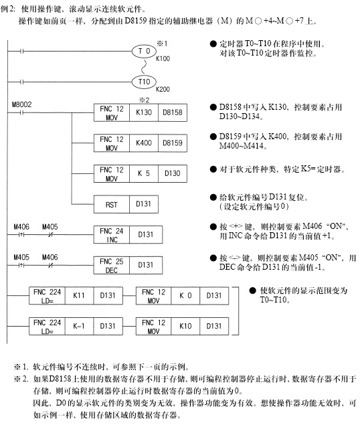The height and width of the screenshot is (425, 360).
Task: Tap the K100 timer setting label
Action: click(x=163, y=58)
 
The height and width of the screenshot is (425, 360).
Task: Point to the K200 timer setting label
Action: click(x=163, y=89)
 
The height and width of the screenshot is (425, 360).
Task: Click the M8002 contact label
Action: click(x=21, y=104)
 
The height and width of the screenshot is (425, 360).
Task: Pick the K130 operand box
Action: click(x=144, y=112)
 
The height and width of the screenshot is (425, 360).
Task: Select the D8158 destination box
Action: click(x=173, y=112)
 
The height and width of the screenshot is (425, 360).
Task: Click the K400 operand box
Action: click(x=144, y=143)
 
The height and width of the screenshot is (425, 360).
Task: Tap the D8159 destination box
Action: click(x=173, y=143)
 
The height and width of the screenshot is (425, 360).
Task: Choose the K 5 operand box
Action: click(x=144, y=173)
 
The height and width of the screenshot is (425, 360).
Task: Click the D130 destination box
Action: click(x=173, y=173)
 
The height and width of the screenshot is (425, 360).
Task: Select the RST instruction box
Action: click(x=112, y=204)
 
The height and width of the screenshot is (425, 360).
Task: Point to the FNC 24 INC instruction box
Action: click(x=112, y=235)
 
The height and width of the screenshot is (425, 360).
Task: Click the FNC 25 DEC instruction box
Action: click(x=112, y=265)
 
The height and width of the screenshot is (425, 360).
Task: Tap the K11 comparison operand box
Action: click(x=79, y=296)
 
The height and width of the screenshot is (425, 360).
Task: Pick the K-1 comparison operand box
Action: click(x=79, y=327)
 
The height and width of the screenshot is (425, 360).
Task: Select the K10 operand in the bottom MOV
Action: click(x=185, y=327)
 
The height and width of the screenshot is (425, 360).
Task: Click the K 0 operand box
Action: click(x=185, y=296)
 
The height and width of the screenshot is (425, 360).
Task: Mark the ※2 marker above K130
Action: click(x=145, y=100)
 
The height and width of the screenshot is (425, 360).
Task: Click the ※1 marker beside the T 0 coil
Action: click(x=162, y=44)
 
